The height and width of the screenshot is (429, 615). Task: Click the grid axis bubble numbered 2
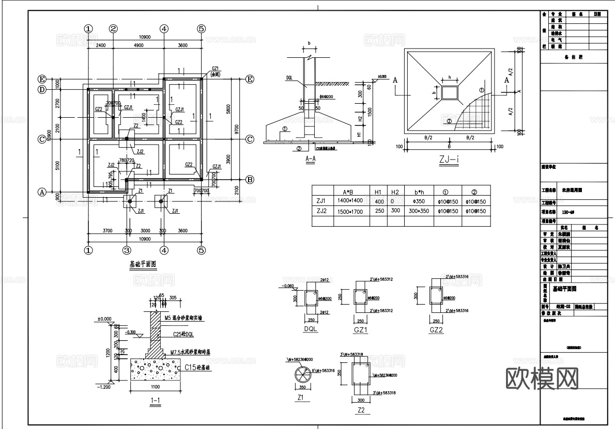click(114, 29)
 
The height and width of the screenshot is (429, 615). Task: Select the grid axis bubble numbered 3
click(127, 250)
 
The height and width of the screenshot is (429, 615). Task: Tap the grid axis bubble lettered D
click(42, 90)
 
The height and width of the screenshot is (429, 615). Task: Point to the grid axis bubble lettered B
click(250, 180)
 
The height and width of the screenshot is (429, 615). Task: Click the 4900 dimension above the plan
click(139, 45)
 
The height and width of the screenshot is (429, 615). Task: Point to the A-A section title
click(310, 160)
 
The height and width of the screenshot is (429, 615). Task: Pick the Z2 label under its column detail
click(361, 410)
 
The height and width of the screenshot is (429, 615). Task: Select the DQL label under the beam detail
click(311, 329)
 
